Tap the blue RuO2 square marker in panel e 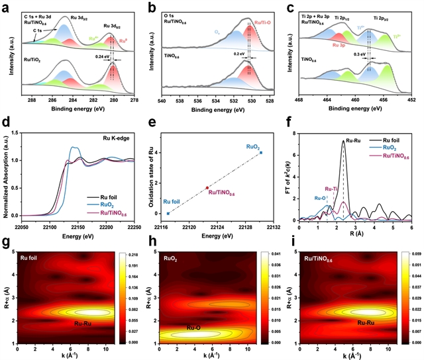(260, 153)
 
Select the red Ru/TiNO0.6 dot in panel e (207, 188)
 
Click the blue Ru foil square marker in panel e (168, 213)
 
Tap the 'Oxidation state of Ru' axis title (151, 175)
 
